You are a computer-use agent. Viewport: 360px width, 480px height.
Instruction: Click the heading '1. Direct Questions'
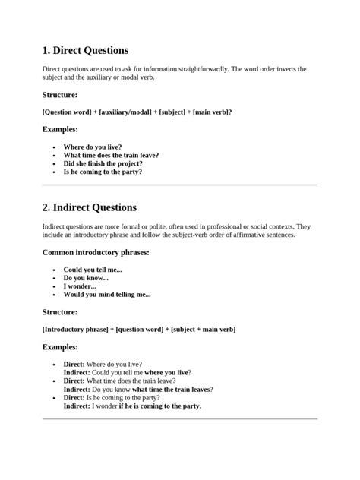pos(85,51)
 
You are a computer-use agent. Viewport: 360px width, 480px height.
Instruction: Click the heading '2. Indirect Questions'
pos(90,207)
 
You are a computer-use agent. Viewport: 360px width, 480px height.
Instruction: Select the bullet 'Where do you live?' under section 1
pos(92,147)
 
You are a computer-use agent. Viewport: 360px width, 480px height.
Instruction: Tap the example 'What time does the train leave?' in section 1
pos(111,155)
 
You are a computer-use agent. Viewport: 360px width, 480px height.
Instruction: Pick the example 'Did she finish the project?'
pos(103,163)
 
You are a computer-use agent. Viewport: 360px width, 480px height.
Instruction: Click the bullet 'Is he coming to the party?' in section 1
pos(103,172)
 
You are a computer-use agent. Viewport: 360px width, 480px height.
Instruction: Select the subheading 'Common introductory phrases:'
pos(96,252)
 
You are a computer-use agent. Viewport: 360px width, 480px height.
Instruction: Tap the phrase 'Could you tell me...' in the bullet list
pos(92,270)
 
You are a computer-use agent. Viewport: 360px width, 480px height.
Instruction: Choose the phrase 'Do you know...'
pos(86,278)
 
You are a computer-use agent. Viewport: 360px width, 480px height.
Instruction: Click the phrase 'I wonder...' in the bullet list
pos(80,286)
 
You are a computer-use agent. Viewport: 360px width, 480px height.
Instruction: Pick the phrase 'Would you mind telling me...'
pos(107,295)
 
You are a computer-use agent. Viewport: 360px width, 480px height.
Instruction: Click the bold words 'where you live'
pos(166,373)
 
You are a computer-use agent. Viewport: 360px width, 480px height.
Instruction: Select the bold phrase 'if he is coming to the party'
pos(159,406)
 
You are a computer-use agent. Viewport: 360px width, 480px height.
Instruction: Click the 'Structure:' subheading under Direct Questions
pos(60,95)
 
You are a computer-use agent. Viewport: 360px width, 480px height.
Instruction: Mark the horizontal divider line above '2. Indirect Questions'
pos(179,185)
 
